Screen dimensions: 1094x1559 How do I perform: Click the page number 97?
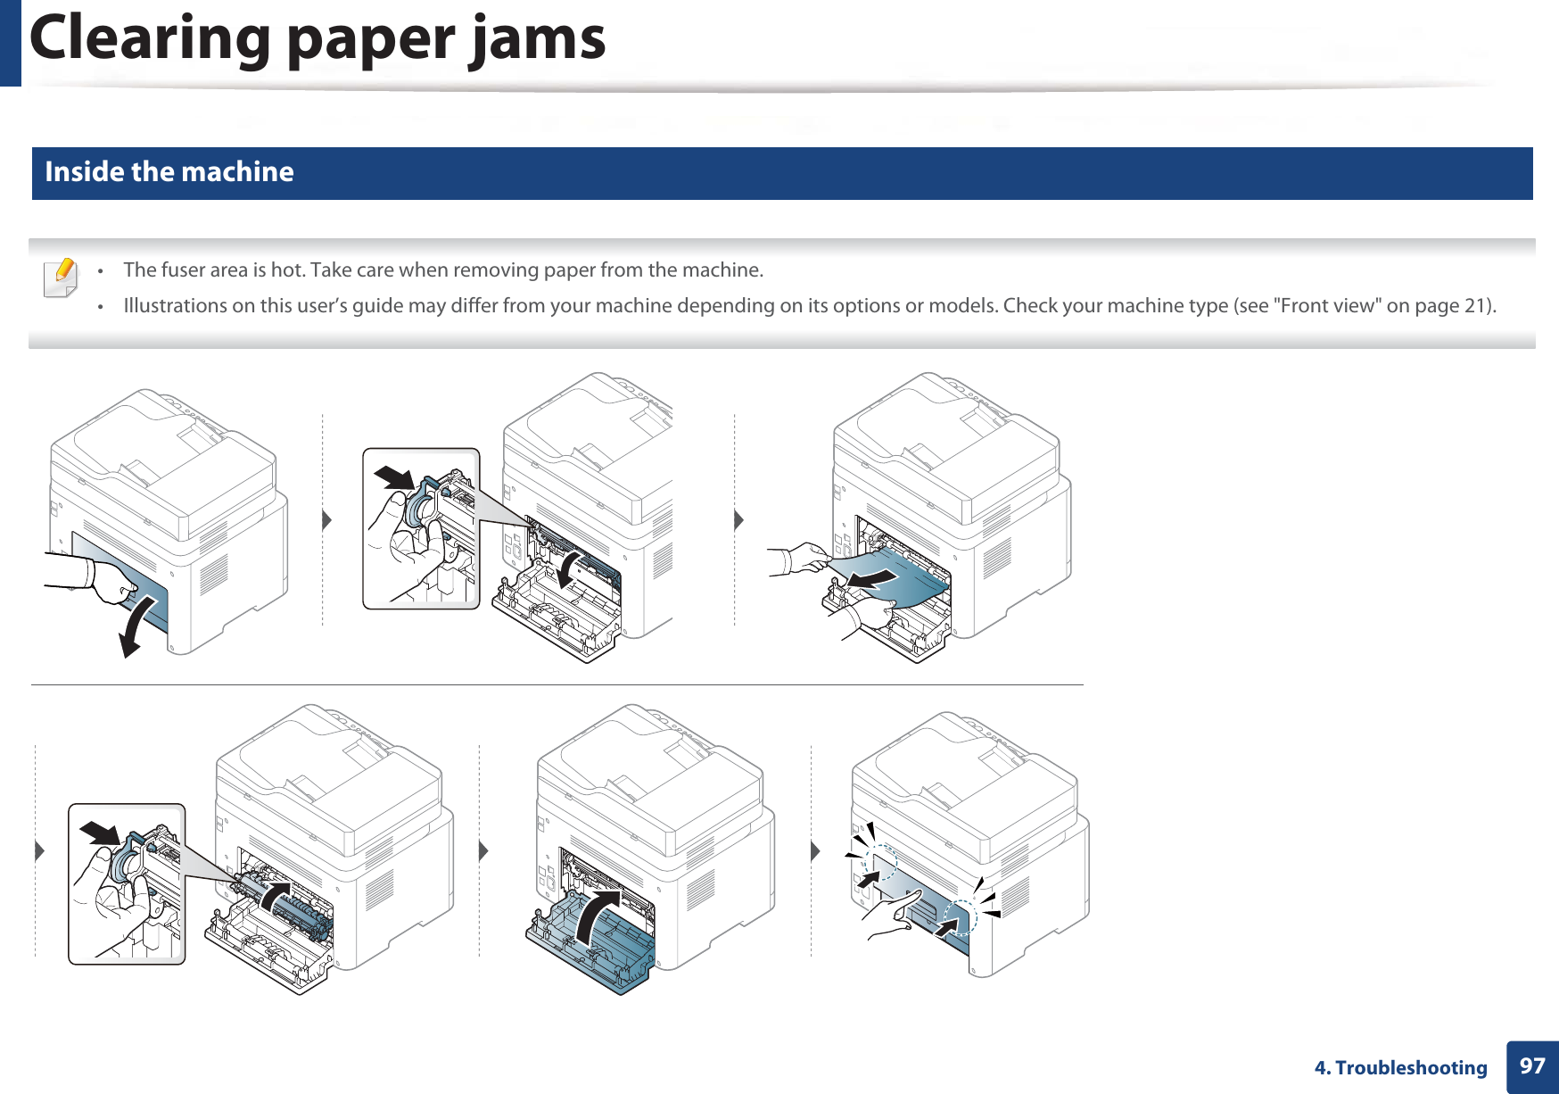(x=1532, y=1066)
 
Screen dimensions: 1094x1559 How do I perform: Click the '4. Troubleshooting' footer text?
(x=1400, y=1068)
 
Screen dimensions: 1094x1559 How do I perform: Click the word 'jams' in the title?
(x=538, y=40)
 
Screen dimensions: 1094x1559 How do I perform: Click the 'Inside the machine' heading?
(x=169, y=171)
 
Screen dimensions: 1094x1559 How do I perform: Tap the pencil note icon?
(x=61, y=278)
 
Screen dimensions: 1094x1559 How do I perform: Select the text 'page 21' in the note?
(x=1450, y=305)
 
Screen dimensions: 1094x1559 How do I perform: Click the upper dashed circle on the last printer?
(x=879, y=861)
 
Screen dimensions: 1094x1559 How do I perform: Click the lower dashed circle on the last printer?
(x=960, y=917)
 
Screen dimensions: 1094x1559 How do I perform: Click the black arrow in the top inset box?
(x=393, y=477)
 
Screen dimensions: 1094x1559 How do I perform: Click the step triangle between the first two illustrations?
(x=326, y=520)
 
